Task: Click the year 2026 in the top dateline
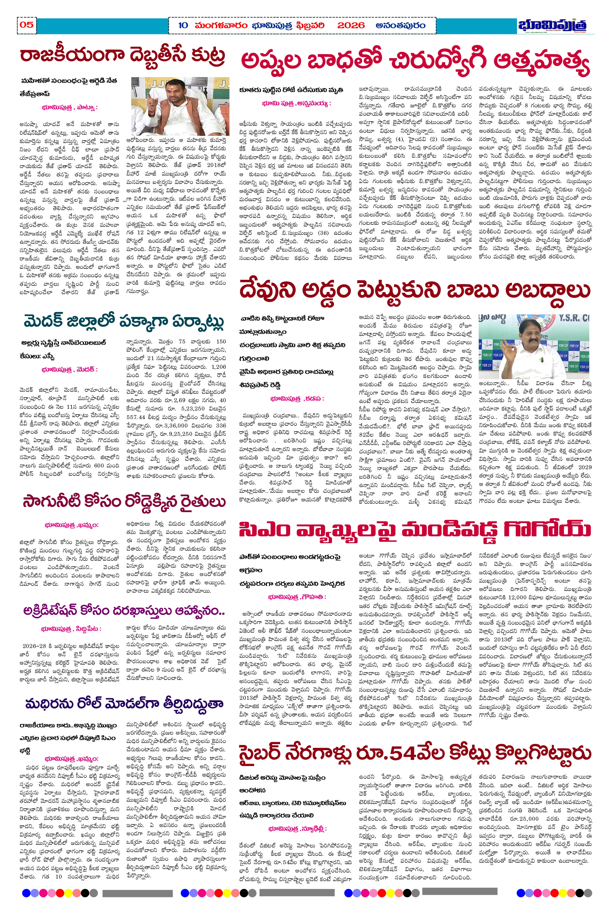[x=351, y=26]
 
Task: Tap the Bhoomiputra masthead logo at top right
[x=553, y=25]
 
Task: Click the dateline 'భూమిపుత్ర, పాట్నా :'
[x=69, y=107]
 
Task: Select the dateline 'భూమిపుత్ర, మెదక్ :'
[x=69, y=369]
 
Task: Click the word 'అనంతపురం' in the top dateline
[x=400, y=26]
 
